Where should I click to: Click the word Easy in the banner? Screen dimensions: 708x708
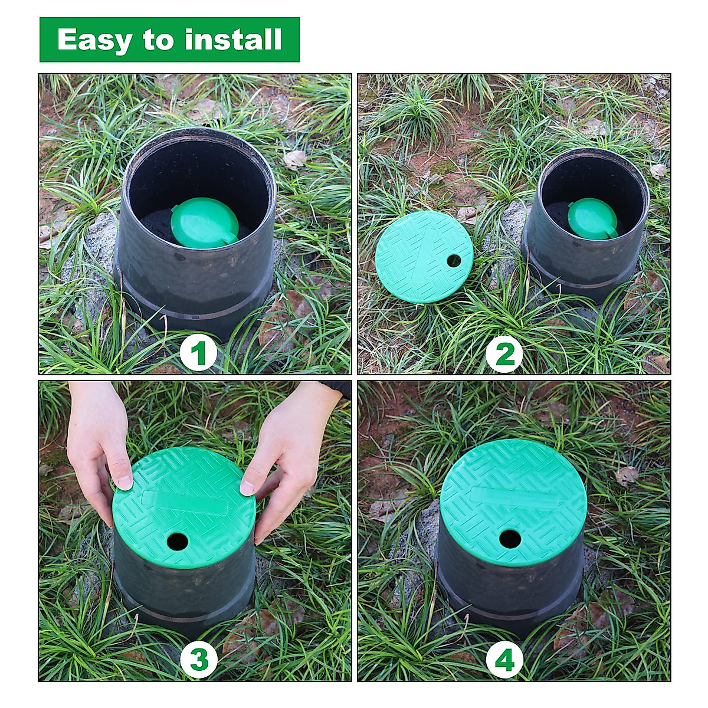[x=95, y=40]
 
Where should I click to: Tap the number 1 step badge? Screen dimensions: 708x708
[x=198, y=354]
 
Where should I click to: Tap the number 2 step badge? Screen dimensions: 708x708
[x=504, y=354]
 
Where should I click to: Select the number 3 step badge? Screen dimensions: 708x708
[x=198, y=659]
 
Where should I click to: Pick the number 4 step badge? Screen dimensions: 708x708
[x=504, y=659]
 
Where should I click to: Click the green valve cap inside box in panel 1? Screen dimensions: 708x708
[x=205, y=222]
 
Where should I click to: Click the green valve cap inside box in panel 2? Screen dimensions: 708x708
[x=592, y=218]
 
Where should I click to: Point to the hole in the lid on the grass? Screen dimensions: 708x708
[x=454, y=260]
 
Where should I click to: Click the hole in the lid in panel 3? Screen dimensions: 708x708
[x=177, y=541]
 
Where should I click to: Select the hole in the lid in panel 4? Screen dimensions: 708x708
[x=510, y=538]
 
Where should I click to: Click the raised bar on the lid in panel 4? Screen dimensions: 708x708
[x=513, y=499]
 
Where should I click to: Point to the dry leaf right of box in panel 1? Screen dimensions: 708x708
[x=295, y=159]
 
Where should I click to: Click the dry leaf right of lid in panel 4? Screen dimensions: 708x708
[x=627, y=475]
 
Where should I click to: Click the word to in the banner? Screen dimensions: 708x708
[x=158, y=40]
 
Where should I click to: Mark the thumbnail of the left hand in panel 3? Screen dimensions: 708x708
[x=124, y=482]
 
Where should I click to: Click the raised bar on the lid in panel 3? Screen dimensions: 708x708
[x=183, y=501]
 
